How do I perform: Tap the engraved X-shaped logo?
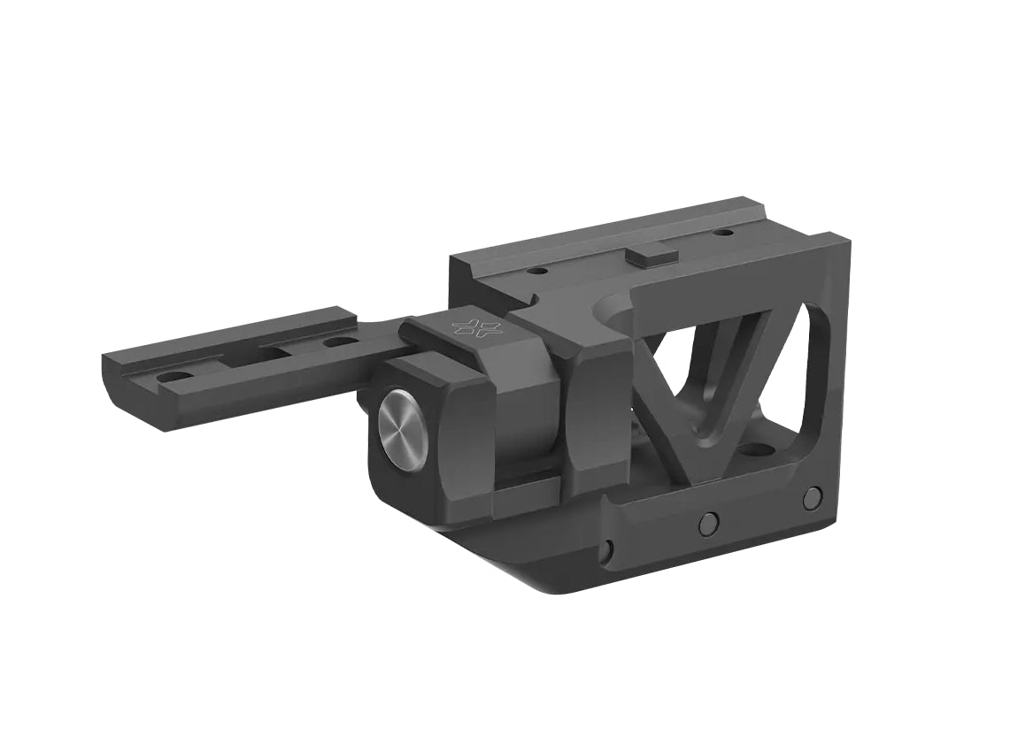(x=476, y=326)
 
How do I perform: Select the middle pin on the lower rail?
(x=707, y=524)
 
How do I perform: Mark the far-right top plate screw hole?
(x=724, y=233)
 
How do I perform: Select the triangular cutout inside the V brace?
(x=699, y=372)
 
